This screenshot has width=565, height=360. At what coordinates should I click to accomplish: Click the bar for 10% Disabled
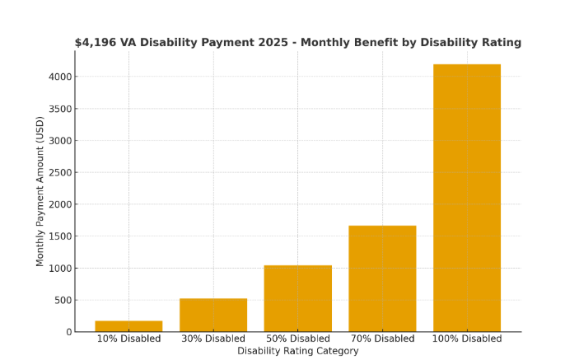click(128, 326)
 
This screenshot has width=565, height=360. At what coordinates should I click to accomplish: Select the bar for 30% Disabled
click(213, 315)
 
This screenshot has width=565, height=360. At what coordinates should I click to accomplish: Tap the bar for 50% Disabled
click(297, 298)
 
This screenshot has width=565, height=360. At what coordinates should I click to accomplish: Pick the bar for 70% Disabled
click(382, 278)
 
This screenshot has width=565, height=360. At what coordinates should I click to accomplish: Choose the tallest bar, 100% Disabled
click(467, 198)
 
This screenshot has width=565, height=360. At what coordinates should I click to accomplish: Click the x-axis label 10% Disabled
click(128, 339)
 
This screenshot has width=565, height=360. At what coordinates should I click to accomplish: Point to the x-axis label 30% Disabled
click(213, 339)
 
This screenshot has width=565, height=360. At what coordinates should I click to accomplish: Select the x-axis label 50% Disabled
click(297, 339)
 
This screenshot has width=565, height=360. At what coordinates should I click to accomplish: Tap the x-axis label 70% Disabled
click(382, 339)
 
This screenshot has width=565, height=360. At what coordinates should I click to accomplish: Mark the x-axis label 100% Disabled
click(467, 339)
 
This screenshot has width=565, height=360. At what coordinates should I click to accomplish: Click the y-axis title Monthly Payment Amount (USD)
click(40, 191)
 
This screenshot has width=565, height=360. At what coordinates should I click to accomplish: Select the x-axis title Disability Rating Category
click(297, 351)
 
